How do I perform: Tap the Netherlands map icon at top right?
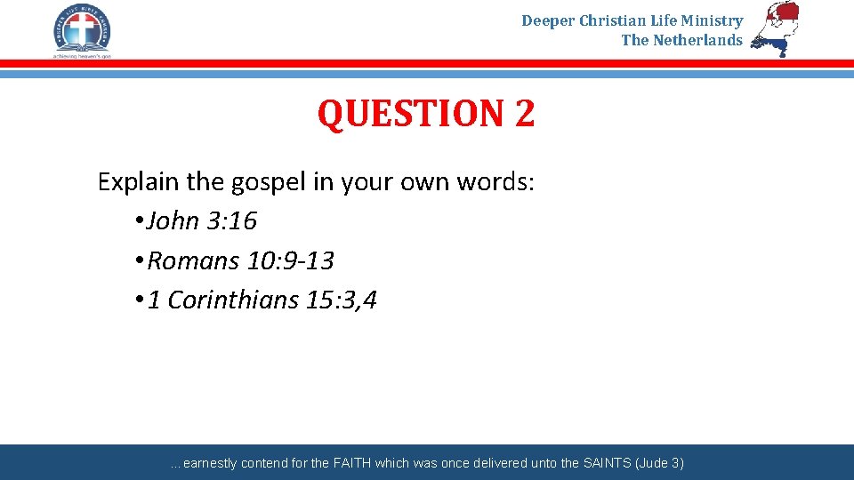pyautogui.click(x=775, y=28)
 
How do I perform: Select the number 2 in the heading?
pyautogui.click(x=523, y=114)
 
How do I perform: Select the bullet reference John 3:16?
pyautogui.click(x=202, y=220)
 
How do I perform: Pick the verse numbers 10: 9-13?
pyautogui.click(x=291, y=260)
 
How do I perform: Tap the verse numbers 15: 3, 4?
pyautogui.click(x=341, y=300)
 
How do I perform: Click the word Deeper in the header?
pyautogui.click(x=548, y=20)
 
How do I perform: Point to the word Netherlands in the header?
pyautogui.click(x=697, y=40)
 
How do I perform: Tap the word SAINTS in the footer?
pyautogui.click(x=608, y=463)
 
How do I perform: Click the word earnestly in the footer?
pyautogui.click(x=212, y=463)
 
